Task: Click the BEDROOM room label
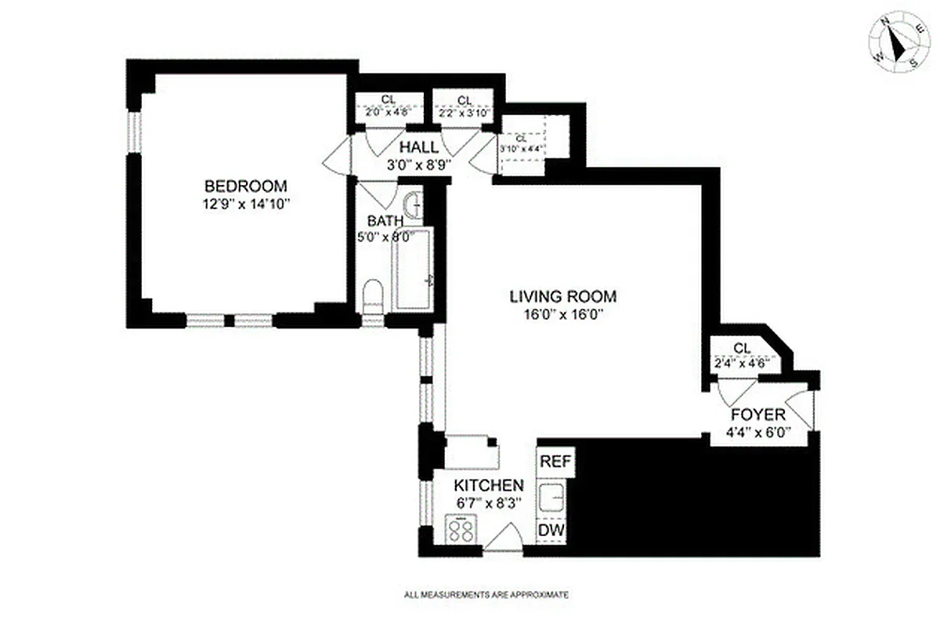point(245,187)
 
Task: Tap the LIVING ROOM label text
point(562,297)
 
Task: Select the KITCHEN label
point(490,485)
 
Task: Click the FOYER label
point(757,415)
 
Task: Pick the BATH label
point(385,222)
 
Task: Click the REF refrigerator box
point(555,461)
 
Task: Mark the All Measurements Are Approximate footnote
point(486,595)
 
